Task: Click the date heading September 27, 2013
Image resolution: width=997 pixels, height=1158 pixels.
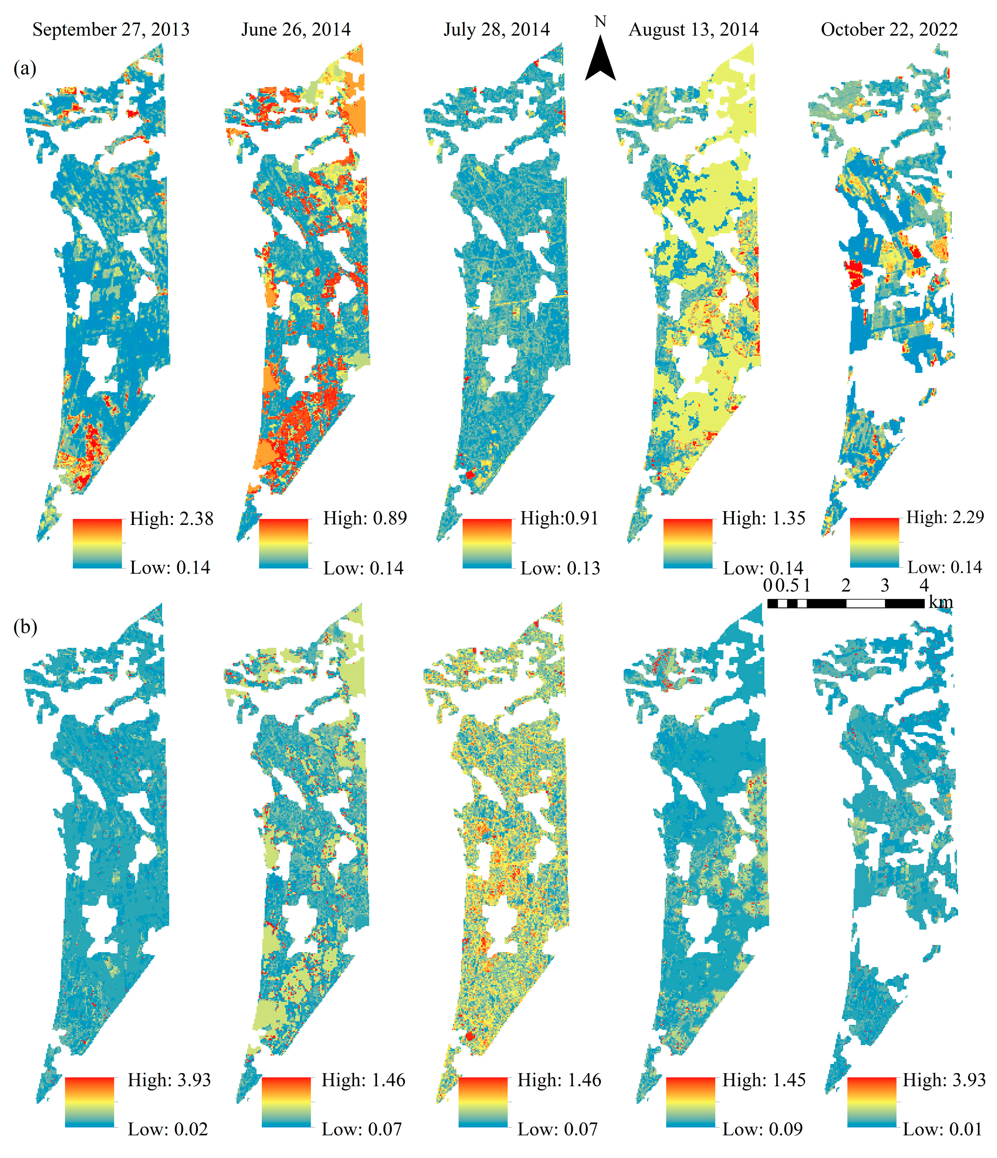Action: tap(111, 30)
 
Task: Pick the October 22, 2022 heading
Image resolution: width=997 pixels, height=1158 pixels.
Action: tap(889, 30)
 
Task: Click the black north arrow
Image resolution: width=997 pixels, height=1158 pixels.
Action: tap(600, 60)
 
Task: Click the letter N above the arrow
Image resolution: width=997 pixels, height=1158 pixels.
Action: tap(600, 22)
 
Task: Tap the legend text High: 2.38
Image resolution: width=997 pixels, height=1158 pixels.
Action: tap(171, 519)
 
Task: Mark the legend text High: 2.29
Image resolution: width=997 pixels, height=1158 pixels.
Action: tap(945, 517)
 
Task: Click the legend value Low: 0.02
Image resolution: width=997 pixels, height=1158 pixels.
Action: tap(168, 1129)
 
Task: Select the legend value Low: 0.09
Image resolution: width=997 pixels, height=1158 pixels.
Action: tap(762, 1129)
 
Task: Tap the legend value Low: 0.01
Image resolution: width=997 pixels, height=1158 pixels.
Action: tap(942, 1129)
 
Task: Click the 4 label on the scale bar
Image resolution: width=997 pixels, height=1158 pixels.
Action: tap(924, 586)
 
